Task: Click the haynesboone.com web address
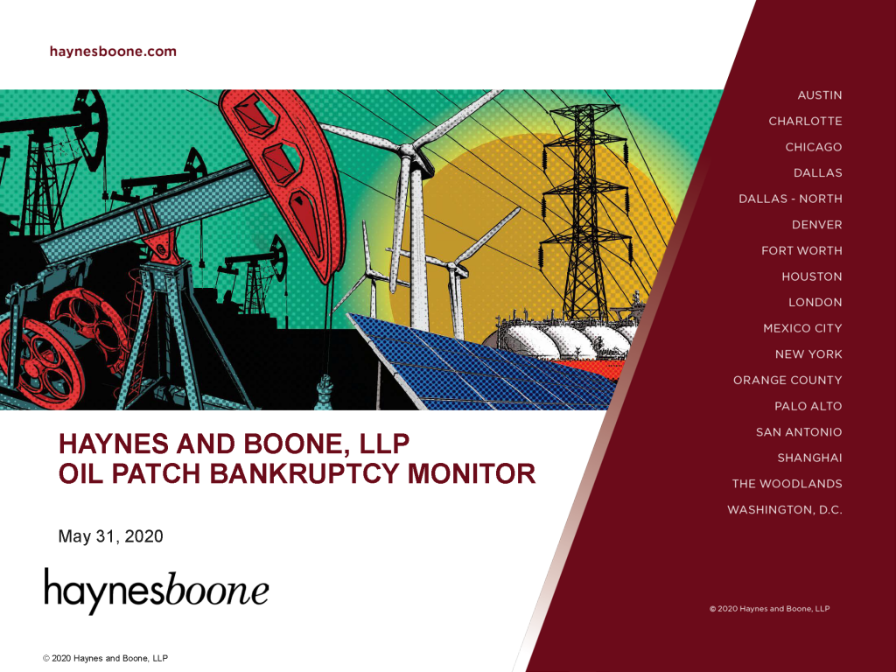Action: click(113, 52)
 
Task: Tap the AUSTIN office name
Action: click(819, 95)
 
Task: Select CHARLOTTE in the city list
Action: click(805, 121)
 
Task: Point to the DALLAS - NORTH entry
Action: click(790, 199)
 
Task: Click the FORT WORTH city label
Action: click(801, 250)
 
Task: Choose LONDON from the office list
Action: click(815, 302)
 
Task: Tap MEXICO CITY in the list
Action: click(803, 328)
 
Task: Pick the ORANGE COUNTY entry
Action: click(788, 380)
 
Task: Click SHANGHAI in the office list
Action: click(809, 458)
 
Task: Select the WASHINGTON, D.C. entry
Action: click(785, 510)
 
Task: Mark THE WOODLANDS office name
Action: click(787, 483)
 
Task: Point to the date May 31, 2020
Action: click(110, 536)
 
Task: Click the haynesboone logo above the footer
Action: click(156, 591)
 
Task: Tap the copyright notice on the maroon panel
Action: click(769, 609)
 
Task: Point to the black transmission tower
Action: click(585, 213)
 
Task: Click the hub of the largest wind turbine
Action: click(408, 150)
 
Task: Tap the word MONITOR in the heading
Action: click(472, 473)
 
